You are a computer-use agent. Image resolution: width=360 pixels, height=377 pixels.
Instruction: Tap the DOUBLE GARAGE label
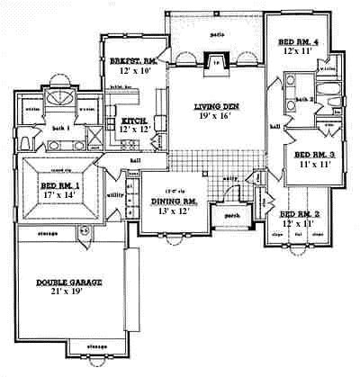(x=69, y=282)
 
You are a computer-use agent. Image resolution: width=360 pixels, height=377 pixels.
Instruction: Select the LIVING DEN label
(x=216, y=107)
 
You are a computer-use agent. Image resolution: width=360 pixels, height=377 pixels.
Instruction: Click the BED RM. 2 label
(x=300, y=214)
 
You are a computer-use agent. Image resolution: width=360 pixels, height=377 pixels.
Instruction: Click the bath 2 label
(x=302, y=99)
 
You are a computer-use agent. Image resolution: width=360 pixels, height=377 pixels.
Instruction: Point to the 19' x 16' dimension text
(x=216, y=117)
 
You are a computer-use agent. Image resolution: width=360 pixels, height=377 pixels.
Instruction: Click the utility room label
(x=114, y=193)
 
